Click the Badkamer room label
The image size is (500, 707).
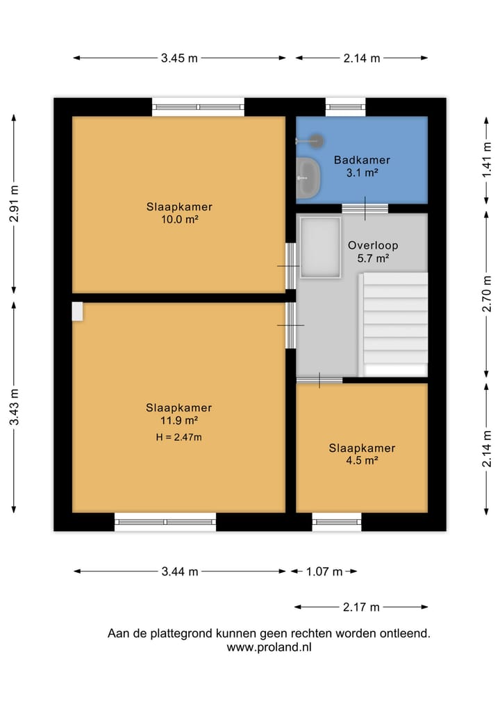point(362,160)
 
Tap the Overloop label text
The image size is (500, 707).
point(373,245)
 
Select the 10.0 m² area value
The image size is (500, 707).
point(180,220)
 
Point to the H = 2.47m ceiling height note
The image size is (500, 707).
point(179,437)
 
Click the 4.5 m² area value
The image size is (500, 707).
point(362,460)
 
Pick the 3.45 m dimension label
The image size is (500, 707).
point(179,58)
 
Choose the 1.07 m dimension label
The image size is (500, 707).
point(324,571)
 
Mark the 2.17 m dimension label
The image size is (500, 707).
point(361,608)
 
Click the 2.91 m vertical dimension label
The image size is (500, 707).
point(15,204)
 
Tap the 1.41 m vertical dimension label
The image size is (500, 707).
point(487,160)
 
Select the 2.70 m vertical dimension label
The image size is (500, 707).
point(487,293)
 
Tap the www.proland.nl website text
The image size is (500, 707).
point(269,647)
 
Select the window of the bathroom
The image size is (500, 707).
point(346,107)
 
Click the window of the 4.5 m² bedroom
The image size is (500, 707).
point(337,522)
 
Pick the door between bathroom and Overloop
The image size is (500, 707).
point(365,209)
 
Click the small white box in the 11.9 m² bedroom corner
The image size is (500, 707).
point(78,311)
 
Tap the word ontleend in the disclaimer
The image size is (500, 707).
point(405,633)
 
